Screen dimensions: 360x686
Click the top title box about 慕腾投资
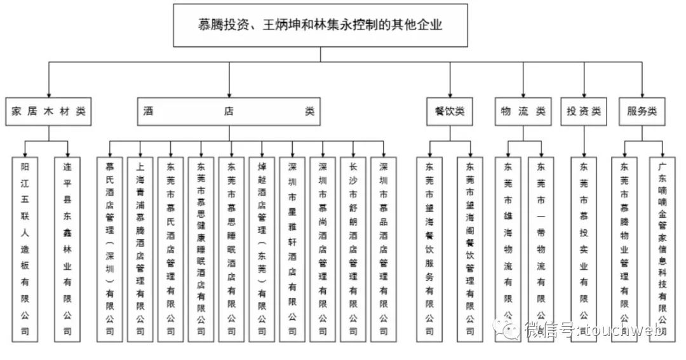tap(320, 25)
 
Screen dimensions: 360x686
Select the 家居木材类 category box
tap(48, 111)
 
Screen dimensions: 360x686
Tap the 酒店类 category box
tap(229, 111)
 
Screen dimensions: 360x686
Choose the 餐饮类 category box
tap(450, 111)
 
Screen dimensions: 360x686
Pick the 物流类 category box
tap(523, 111)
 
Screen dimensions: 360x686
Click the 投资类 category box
tap(584, 111)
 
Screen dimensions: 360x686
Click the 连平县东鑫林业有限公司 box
tap(67, 248)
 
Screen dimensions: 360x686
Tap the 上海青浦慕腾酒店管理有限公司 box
tap(140, 248)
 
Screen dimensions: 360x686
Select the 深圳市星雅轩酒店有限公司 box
tap(292, 248)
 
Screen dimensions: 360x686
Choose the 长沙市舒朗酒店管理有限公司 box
tap(353, 248)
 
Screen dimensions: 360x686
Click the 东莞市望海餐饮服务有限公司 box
tap(430, 248)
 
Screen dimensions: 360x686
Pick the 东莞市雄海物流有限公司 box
tap(508, 248)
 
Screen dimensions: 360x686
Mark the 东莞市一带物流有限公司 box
tap(541, 248)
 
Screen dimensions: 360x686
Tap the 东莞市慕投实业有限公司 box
tap(584, 248)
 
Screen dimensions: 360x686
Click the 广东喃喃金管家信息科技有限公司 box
tap(662, 248)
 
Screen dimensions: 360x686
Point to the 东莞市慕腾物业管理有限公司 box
tap(624, 248)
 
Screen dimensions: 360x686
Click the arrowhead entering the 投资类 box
tap(584, 95)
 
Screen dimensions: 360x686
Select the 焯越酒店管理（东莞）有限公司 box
tap(262, 248)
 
